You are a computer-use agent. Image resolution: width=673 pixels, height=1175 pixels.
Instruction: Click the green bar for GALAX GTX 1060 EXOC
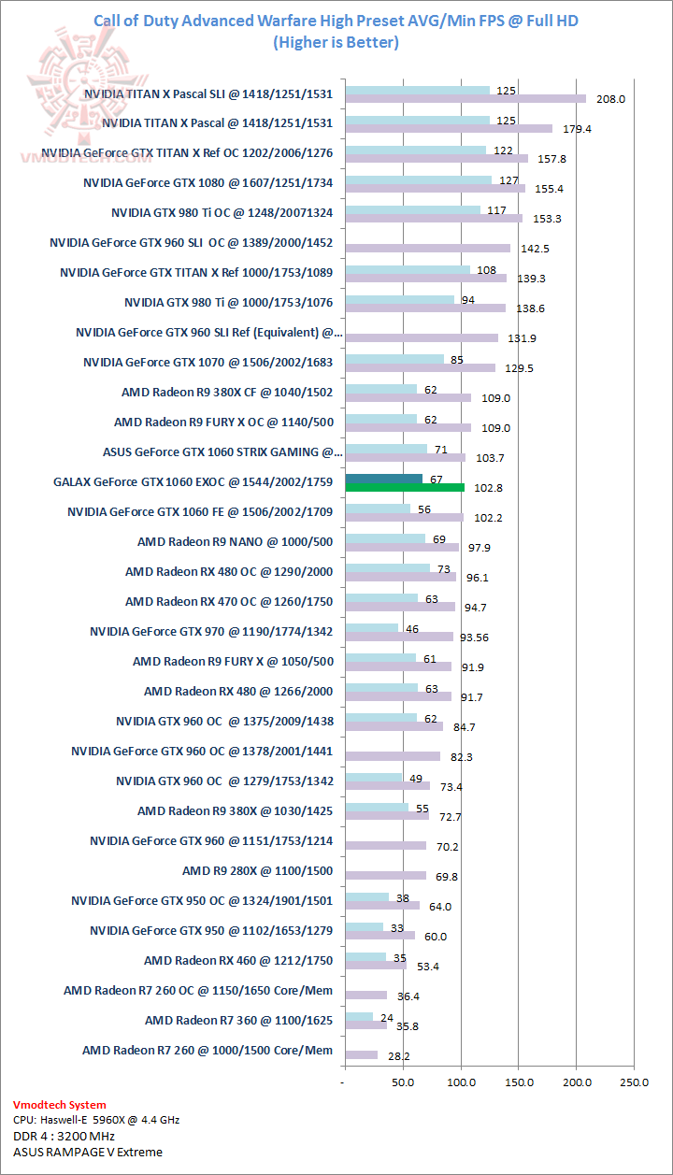click(405, 487)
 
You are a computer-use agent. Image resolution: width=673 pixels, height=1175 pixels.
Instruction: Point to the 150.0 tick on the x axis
click(519, 1082)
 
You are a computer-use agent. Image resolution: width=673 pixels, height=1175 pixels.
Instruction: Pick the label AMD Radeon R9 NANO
click(235, 541)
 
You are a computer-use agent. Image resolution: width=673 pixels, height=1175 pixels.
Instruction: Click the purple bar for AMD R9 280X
click(385, 876)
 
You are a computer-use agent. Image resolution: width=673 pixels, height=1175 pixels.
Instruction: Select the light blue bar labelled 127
click(418, 180)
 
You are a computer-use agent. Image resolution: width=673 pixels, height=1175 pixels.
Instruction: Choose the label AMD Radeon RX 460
click(238, 960)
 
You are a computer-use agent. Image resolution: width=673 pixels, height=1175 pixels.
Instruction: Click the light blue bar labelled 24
click(359, 1017)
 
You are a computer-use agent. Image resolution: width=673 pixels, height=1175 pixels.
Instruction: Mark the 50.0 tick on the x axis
click(404, 1082)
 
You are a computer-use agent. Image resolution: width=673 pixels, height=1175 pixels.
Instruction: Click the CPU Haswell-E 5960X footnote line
click(97, 1119)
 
